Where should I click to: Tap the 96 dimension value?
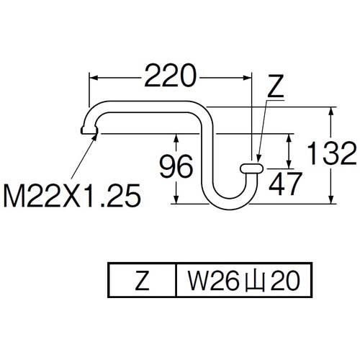tap(175, 168)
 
